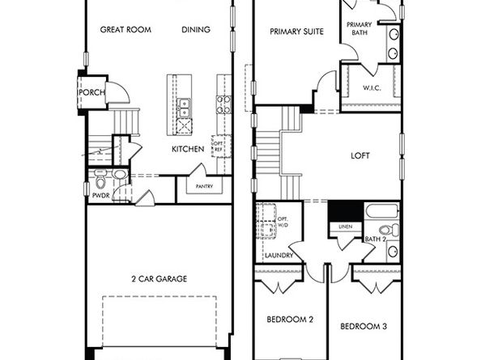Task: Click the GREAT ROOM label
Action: click(126, 30)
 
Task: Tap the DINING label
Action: click(196, 30)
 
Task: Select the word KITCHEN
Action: click(188, 149)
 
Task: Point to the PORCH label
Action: click(92, 92)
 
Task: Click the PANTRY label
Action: click(204, 186)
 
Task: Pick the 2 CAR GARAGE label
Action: click(159, 279)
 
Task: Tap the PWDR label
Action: click(101, 196)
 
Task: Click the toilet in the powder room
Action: click(100, 180)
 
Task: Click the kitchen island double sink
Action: click(184, 108)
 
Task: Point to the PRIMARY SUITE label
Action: click(296, 32)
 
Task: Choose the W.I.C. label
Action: click(372, 88)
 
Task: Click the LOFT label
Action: click(360, 155)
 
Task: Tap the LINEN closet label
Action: click(346, 227)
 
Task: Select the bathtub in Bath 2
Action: click(382, 211)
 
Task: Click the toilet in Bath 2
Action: click(389, 230)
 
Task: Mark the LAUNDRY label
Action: click(279, 256)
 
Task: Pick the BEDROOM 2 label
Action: click(290, 320)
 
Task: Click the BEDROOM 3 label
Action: click(364, 326)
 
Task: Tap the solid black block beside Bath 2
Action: click(346, 211)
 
